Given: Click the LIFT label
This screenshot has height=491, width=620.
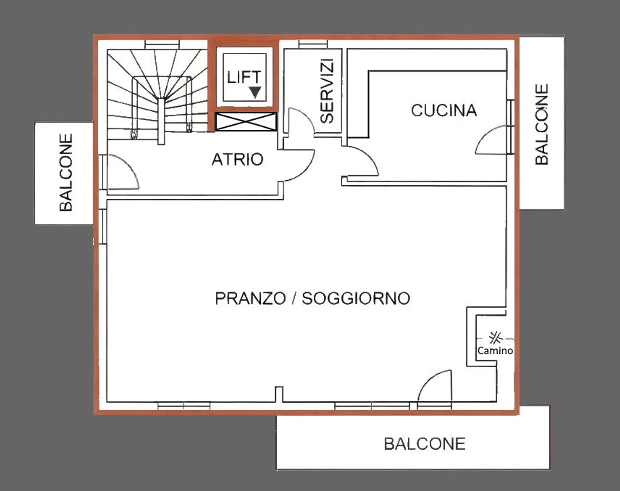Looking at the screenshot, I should [x=244, y=78].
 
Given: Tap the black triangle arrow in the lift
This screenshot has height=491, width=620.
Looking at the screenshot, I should [x=255, y=92].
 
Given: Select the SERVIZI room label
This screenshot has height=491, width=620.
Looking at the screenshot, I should [x=328, y=91].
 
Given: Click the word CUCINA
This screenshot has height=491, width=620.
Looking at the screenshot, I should [x=444, y=110].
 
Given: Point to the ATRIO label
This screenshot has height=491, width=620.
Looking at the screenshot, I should [x=237, y=159].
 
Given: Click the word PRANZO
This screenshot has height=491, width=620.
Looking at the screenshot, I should [x=250, y=298].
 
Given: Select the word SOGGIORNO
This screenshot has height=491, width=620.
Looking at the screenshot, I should [x=356, y=298].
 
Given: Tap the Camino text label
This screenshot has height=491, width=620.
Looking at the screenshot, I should [x=495, y=350].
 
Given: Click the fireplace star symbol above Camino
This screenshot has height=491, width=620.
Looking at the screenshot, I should [x=495, y=337].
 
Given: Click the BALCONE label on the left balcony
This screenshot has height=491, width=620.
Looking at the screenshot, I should [x=66, y=172].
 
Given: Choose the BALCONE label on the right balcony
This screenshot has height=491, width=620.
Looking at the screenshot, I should [x=542, y=124].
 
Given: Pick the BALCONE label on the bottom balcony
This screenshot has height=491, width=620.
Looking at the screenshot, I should [x=425, y=444].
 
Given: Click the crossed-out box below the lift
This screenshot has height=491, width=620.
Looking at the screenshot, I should [x=246, y=122].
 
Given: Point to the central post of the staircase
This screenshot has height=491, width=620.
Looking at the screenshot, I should [x=161, y=121].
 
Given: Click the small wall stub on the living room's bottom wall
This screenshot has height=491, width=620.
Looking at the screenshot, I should [x=279, y=394].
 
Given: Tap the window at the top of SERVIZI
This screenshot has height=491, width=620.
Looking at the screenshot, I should [x=313, y=44].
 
